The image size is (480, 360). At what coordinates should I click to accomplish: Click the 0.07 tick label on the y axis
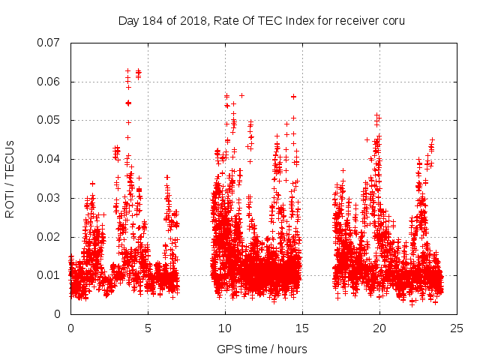[50, 43]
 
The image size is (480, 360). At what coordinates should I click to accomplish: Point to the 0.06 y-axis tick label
[50, 82]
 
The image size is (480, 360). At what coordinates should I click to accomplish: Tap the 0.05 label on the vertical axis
[50, 120]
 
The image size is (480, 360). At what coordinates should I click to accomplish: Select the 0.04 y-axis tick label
[50, 159]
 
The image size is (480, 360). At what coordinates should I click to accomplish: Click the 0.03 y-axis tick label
[50, 198]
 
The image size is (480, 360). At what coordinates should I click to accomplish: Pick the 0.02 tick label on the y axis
[50, 237]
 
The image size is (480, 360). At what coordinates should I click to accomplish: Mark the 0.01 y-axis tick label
[50, 275]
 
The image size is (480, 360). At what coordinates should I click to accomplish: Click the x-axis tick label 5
[148, 328]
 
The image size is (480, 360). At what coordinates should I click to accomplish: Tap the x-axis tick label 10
[225, 328]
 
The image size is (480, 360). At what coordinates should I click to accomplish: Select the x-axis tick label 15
[302, 328]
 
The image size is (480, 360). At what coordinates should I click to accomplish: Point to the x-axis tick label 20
[379, 328]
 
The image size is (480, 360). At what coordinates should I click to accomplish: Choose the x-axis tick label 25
[457, 328]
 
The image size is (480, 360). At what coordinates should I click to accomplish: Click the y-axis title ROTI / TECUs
[10, 178]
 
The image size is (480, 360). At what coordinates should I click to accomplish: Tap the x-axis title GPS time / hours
[262, 349]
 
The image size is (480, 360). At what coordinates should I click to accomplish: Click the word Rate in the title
[227, 20]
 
